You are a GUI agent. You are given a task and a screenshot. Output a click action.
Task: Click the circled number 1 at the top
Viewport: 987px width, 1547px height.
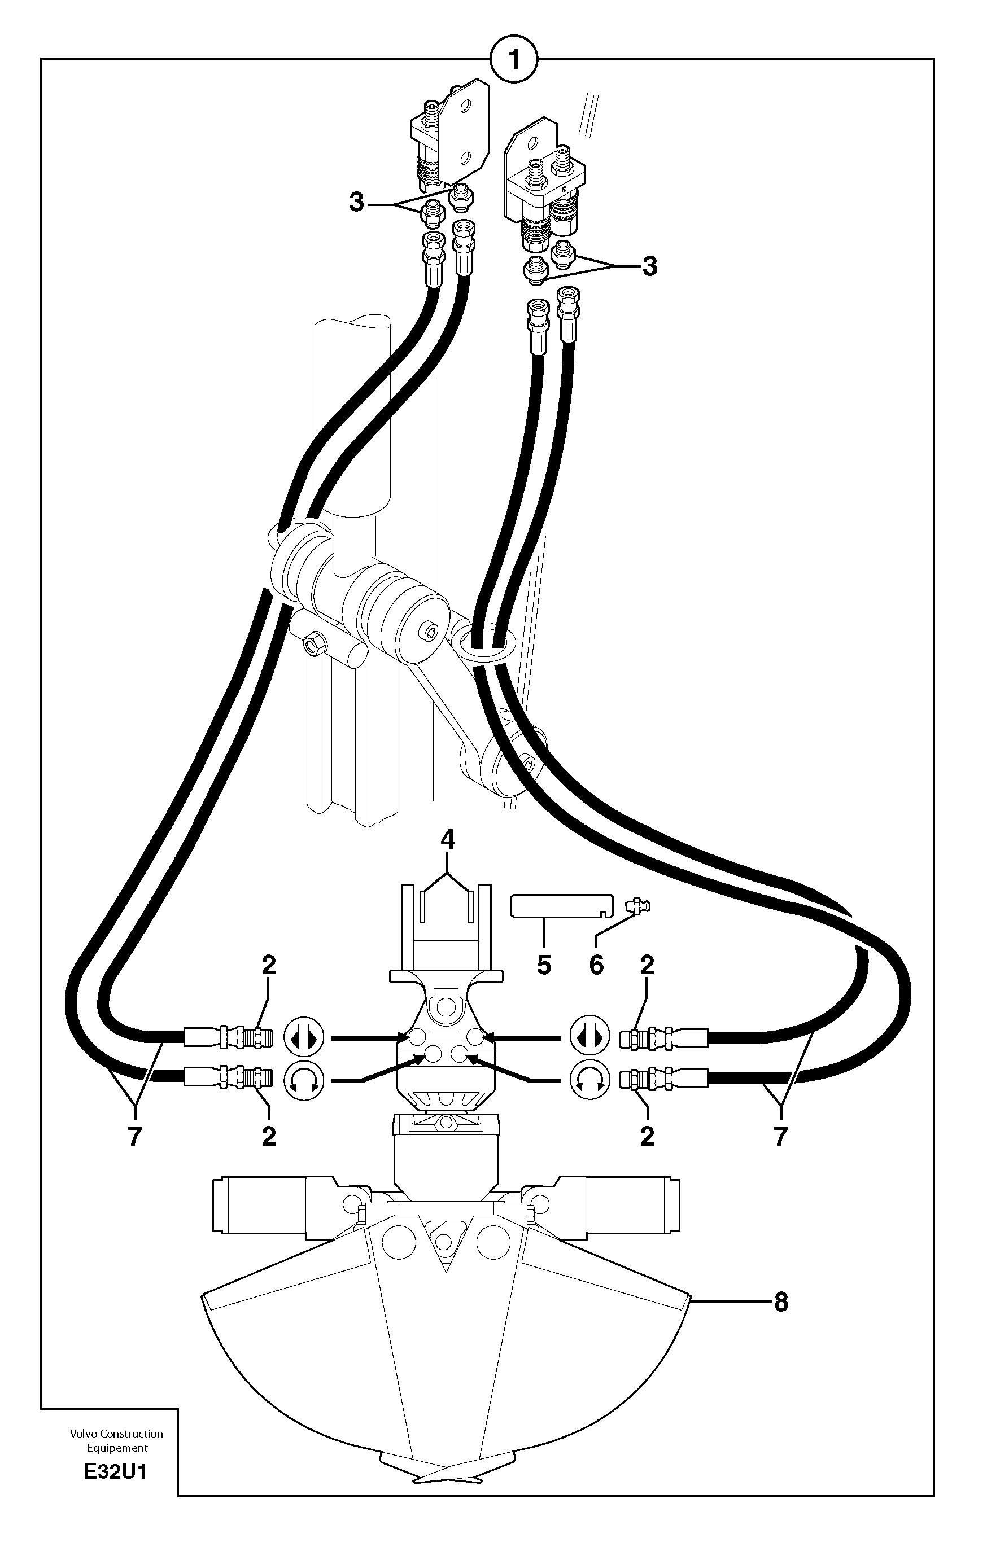(513, 60)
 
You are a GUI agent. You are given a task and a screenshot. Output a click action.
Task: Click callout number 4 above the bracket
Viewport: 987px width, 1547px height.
(448, 840)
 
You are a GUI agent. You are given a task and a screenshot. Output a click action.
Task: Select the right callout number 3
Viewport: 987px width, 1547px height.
(650, 265)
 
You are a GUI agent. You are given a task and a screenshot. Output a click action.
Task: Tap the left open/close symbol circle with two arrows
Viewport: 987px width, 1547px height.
(304, 1037)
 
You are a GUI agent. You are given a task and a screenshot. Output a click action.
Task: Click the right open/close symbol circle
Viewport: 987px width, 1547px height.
(589, 1037)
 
